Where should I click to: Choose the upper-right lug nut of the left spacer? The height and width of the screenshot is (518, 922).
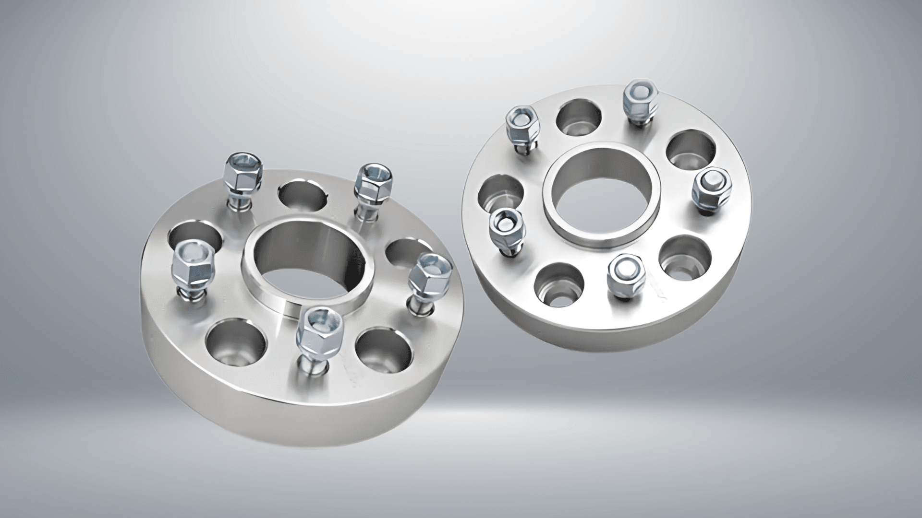pyautogui.click(x=374, y=182)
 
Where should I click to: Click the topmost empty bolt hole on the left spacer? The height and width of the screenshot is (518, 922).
pyautogui.click(x=303, y=197)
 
